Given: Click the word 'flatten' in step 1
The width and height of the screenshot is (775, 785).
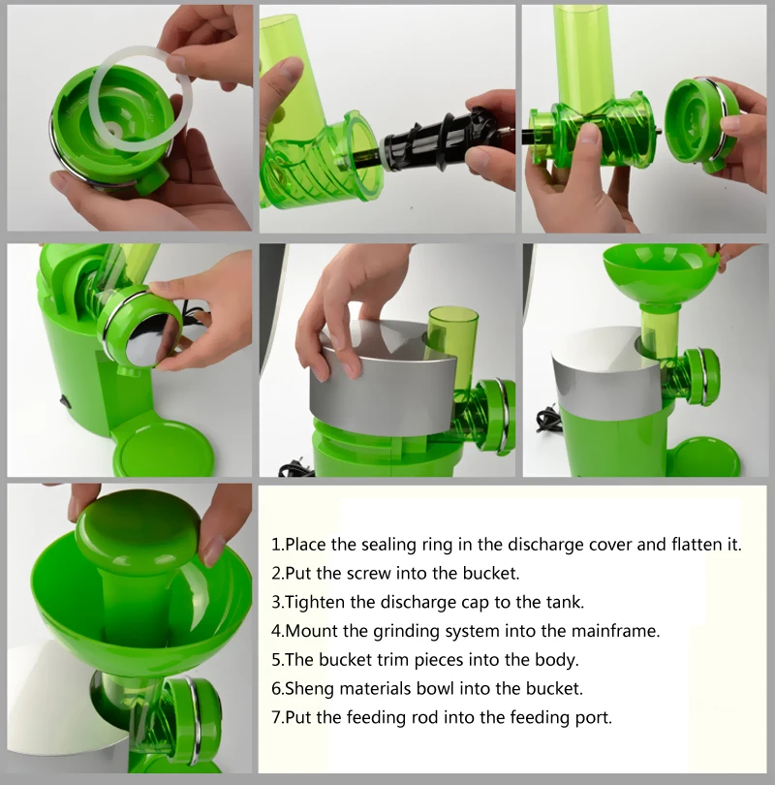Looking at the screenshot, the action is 694,545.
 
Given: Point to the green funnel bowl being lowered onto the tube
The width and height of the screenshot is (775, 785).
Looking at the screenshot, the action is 661,273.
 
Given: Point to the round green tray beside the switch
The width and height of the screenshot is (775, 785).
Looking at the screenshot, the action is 165,449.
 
